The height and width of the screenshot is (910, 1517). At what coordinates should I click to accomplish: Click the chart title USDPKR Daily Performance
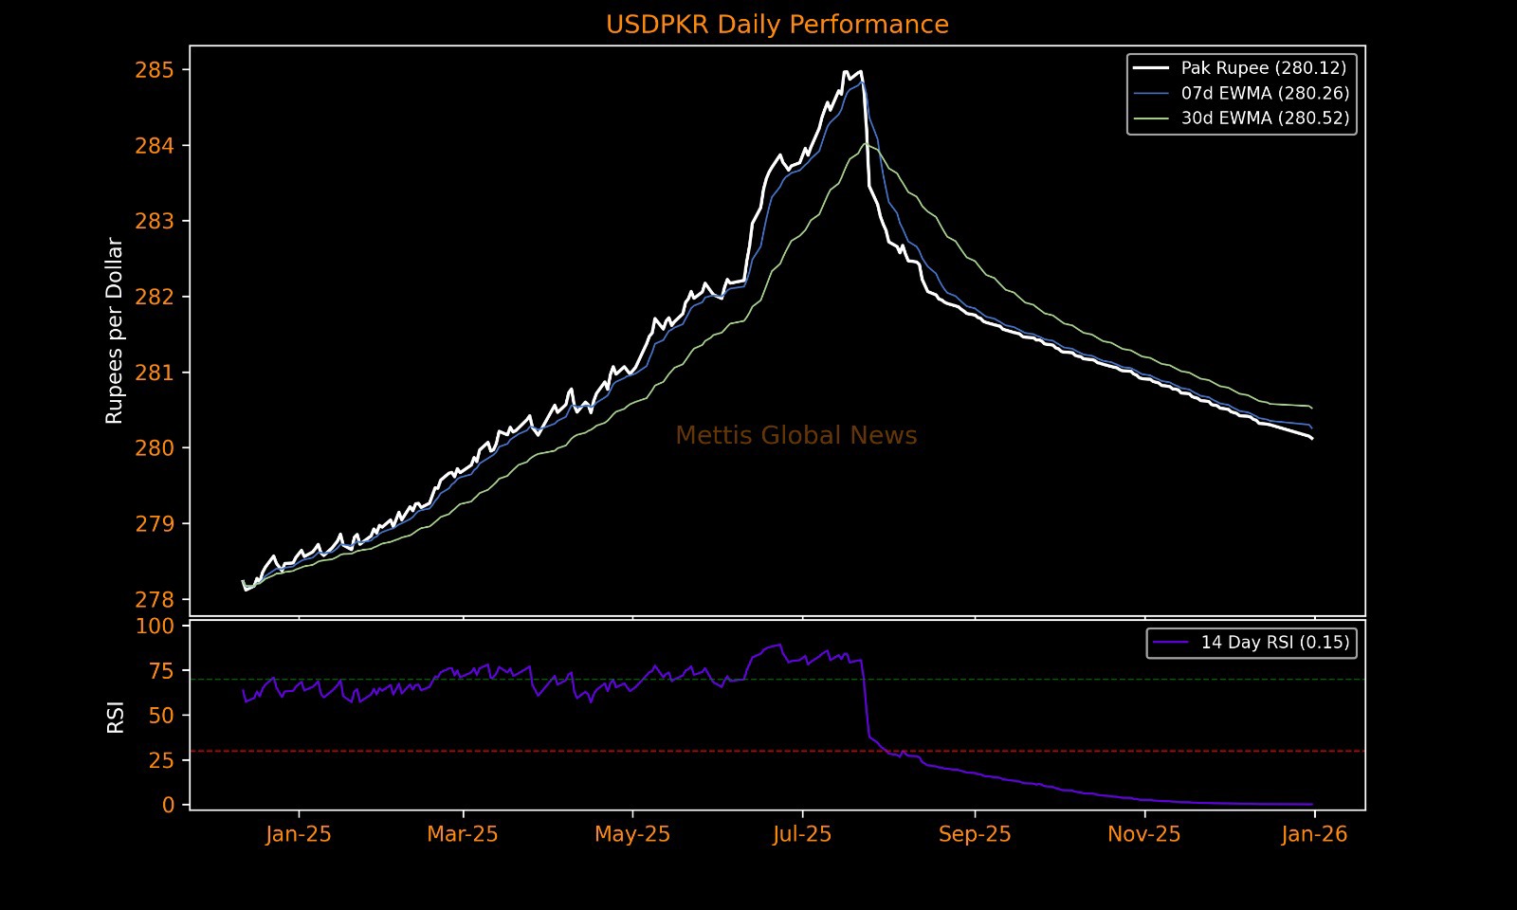coord(777,25)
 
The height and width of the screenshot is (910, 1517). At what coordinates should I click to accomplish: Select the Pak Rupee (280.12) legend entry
coord(1263,68)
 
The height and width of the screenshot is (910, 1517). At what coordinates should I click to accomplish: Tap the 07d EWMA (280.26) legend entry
coord(1265,93)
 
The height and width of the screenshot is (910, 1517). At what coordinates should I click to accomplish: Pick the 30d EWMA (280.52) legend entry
coord(1265,118)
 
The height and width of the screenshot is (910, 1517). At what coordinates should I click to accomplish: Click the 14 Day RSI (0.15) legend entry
coord(1274,643)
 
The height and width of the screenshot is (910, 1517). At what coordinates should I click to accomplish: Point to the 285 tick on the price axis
coord(155,70)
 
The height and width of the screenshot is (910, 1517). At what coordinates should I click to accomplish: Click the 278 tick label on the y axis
coord(155,599)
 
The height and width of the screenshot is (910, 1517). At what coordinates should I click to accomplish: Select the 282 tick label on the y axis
coord(155,297)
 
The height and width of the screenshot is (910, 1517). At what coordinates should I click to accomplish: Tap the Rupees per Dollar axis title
coord(115,331)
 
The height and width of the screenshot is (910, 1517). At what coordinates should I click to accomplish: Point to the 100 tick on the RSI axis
coord(155,626)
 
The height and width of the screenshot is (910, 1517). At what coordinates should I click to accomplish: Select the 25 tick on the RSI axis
coord(161,760)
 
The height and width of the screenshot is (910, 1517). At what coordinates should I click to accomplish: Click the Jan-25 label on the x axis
coord(299,834)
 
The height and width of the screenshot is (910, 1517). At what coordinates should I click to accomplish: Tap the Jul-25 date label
coord(802,834)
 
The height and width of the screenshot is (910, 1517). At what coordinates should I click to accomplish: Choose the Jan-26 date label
coord(1314,834)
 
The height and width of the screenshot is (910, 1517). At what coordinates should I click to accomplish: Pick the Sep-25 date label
coord(975,834)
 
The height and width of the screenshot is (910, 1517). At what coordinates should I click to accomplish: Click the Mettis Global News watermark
coord(796,436)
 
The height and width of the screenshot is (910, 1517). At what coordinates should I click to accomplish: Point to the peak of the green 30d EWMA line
coord(866,144)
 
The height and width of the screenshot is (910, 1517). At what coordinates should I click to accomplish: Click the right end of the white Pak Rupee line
coord(1312,439)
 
